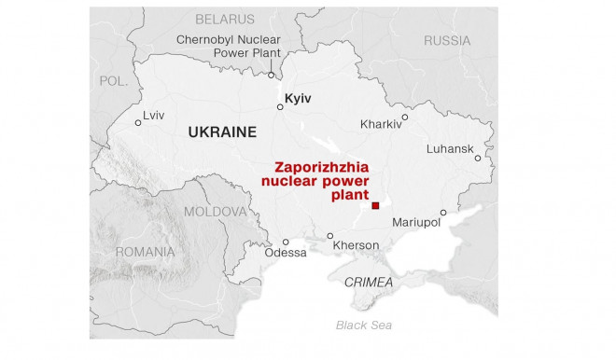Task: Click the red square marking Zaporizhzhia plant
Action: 375,206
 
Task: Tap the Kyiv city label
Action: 298,97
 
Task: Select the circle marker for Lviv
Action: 137,121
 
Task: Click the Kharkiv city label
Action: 381,124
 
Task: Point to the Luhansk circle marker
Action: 476,159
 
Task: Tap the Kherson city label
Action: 356,245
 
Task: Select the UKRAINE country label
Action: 221,132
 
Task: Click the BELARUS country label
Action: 224,19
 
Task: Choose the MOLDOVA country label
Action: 217,212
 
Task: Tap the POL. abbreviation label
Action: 113,81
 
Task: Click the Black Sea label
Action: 365,325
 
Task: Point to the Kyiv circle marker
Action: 279,107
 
